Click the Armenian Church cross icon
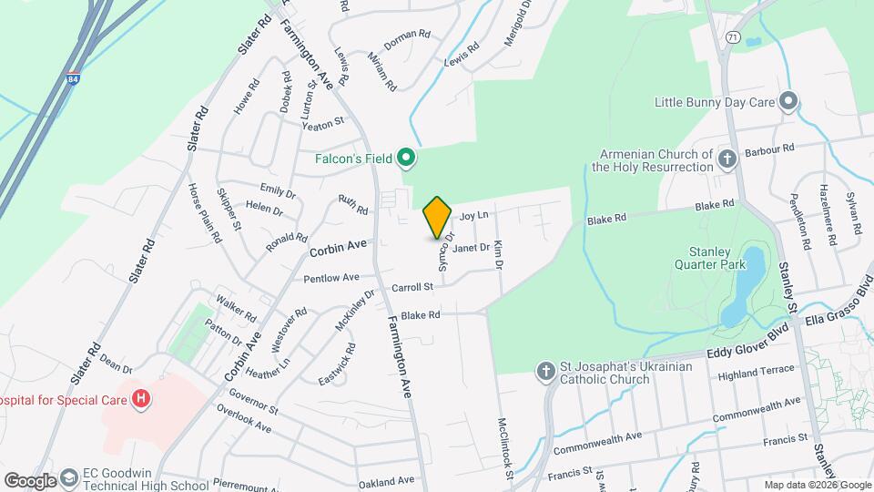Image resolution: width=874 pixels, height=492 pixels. (727, 159)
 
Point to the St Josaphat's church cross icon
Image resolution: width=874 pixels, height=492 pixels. (545, 372)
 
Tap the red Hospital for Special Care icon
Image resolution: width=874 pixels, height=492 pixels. (141, 398)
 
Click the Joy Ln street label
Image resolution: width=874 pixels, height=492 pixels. (474, 216)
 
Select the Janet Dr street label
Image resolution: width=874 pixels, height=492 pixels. (471, 247)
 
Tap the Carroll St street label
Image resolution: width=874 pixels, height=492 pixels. (411, 287)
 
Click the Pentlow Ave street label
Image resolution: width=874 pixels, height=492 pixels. (331, 278)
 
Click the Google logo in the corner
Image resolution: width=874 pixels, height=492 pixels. (30, 480)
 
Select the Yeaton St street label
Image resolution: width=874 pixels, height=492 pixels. (323, 121)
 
